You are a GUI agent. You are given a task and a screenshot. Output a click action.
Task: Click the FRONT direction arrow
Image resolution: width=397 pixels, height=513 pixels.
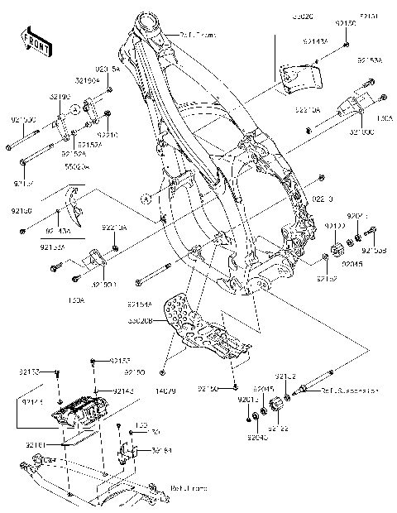tap(33, 42)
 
